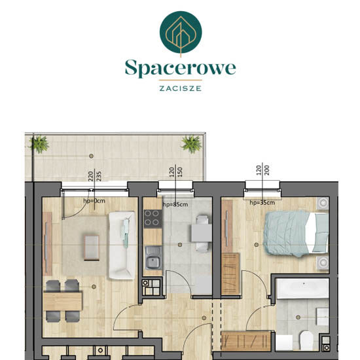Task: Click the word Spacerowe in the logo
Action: (180, 68)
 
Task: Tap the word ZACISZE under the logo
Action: (181, 88)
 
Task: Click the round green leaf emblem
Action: (181, 32)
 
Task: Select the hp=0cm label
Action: (94, 201)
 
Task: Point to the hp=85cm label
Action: (175, 204)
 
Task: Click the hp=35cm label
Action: (262, 202)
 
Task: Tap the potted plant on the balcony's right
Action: (192, 144)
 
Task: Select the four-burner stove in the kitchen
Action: (153, 219)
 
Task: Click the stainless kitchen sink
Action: (154, 258)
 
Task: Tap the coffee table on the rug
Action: (92, 247)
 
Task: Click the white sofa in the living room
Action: (122, 245)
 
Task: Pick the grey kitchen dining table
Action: (202, 233)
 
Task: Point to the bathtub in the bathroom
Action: (303, 289)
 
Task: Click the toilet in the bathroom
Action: (306, 340)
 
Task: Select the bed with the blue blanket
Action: (297, 234)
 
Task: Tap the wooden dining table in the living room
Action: (63, 301)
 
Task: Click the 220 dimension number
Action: (91, 176)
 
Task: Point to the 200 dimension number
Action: (267, 170)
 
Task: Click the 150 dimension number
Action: (180, 172)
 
